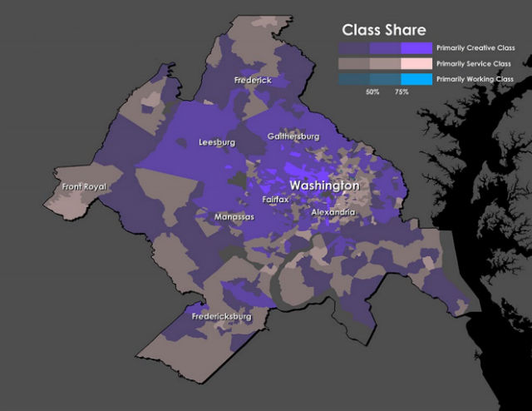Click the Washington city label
click(324, 186)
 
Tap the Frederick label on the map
click(253, 80)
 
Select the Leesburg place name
click(217, 142)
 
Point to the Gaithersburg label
click(293, 136)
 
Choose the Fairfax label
click(275, 200)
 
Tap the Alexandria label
click(333, 213)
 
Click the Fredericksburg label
click(221, 317)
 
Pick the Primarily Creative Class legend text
click(475, 48)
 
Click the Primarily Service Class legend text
click(474, 63)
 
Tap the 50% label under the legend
click(372, 92)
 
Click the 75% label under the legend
click(401, 92)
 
